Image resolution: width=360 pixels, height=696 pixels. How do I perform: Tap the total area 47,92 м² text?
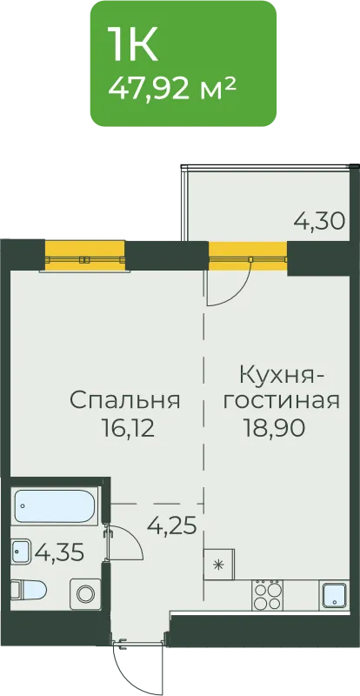(x=171, y=88)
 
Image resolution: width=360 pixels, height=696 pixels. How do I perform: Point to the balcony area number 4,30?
(x=320, y=221)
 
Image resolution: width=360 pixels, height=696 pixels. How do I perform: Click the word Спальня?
(x=124, y=401)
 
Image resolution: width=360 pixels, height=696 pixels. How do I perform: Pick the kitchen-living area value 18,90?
(x=274, y=428)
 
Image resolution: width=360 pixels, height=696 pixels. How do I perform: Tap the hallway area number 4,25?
(x=172, y=526)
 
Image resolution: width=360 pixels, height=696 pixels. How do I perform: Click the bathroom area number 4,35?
(x=59, y=552)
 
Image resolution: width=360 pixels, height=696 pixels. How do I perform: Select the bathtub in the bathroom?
(x=54, y=506)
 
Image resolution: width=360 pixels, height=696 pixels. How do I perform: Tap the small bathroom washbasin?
(x=20, y=552)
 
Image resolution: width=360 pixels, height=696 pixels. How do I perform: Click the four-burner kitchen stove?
(x=267, y=595)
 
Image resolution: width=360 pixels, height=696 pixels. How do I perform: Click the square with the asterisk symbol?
(x=219, y=565)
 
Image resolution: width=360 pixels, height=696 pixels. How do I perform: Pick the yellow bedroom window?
(x=84, y=255)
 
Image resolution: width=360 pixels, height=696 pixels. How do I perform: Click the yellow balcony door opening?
(x=248, y=255)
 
